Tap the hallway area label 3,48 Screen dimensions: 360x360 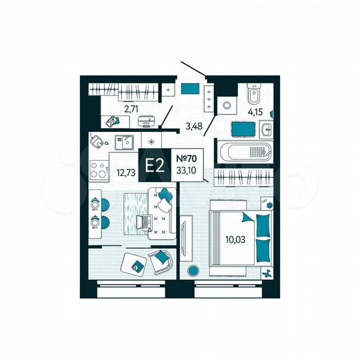point(193,125)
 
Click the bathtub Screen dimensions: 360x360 point(243,151)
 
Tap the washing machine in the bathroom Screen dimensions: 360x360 point(227,105)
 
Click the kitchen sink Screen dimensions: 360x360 point(124,141)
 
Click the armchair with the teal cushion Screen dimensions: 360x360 point(161,260)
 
